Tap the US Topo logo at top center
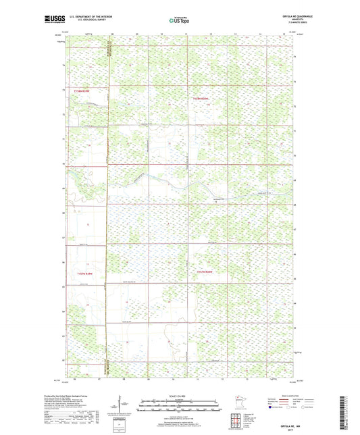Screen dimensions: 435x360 (x=179, y=21)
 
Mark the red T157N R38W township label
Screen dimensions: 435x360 (x=205, y=272)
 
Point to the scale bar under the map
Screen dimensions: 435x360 (x=179, y=407)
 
